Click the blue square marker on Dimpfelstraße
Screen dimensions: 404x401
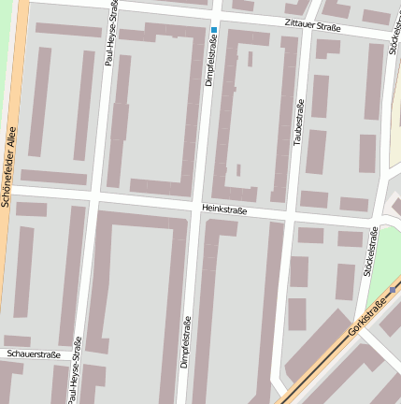pyautogui.click(x=214, y=30)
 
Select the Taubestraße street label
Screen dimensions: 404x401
pyautogui.click(x=299, y=122)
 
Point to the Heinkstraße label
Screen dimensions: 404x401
pyautogui.click(x=223, y=210)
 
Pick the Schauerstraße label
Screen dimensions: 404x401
pyautogui.click(x=33, y=355)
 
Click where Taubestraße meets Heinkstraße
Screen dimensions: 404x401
pyautogui.click(x=290, y=219)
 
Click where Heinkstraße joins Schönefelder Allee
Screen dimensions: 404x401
pyautogui.click(x=13, y=187)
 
